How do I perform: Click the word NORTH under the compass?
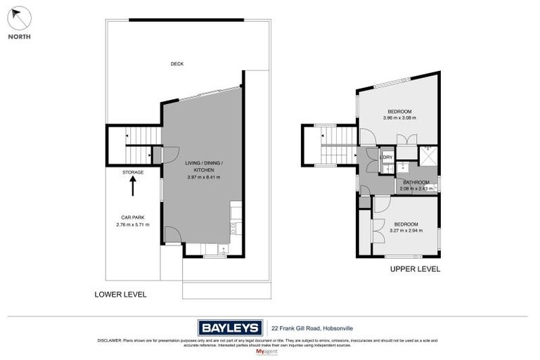point(19,37)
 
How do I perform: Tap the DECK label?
point(176,64)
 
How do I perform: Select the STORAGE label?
point(133,172)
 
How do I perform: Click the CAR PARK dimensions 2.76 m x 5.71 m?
point(133,224)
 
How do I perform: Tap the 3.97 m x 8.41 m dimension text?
point(203,177)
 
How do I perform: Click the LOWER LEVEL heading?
point(120,295)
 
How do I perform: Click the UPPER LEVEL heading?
point(415,269)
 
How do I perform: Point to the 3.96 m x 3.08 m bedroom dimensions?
point(399,118)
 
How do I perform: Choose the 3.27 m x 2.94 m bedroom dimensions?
point(404,231)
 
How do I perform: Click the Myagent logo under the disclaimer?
point(269,351)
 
